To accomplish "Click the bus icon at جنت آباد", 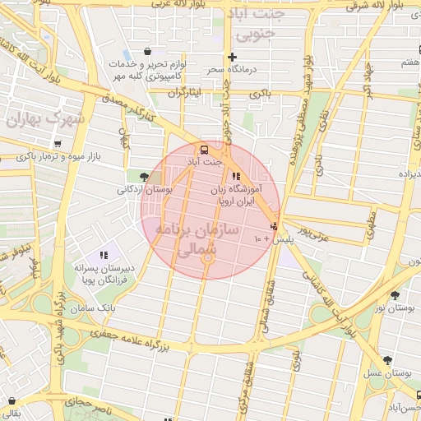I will click(x=203, y=150).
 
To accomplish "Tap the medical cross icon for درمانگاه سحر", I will click(x=233, y=58).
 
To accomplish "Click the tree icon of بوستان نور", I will click(x=395, y=294).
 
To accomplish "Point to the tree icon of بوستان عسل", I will click(x=386, y=360).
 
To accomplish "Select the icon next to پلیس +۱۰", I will click(x=274, y=226).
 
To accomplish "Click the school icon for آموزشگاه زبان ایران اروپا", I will click(x=237, y=175).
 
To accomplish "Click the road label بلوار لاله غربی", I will click(x=176, y=5).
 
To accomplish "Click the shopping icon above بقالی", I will click(x=11, y=401).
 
